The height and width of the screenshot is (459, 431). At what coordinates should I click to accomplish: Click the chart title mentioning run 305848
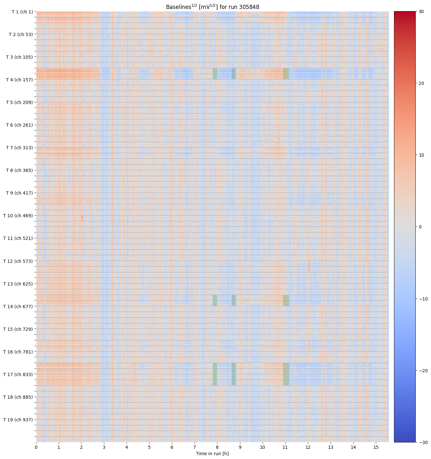click(x=212, y=7)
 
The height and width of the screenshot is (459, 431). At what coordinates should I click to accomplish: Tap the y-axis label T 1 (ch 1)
click(x=22, y=12)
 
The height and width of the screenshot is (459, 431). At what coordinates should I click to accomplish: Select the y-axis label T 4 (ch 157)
click(x=19, y=80)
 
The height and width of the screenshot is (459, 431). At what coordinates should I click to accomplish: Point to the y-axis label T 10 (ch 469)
click(x=18, y=216)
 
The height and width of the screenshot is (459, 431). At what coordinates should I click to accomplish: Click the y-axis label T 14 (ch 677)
click(x=18, y=307)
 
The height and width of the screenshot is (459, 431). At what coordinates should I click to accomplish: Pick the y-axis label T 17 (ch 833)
click(x=18, y=374)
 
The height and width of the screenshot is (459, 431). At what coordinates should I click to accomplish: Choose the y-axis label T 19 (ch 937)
click(x=18, y=420)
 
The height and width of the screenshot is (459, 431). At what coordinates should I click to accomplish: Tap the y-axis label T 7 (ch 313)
click(x=19, y=148)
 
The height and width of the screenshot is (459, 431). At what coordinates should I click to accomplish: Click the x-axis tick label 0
click(x=36, y=447)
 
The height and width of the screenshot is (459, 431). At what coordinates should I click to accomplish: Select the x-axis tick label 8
click(x=217, y=447)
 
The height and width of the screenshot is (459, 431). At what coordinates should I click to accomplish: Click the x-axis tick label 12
click(x=308, y=447)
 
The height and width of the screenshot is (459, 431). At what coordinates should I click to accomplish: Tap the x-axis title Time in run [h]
click(x=212, y=454)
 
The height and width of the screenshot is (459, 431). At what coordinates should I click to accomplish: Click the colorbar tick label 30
click(x=421, y=11)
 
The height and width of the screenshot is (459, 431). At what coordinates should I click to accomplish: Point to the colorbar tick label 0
click(x=420, y=227)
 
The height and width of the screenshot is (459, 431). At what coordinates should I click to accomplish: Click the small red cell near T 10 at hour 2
click(x=82, y=218)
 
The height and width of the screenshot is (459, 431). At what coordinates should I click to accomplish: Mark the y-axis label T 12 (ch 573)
click(x=18, y=261)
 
